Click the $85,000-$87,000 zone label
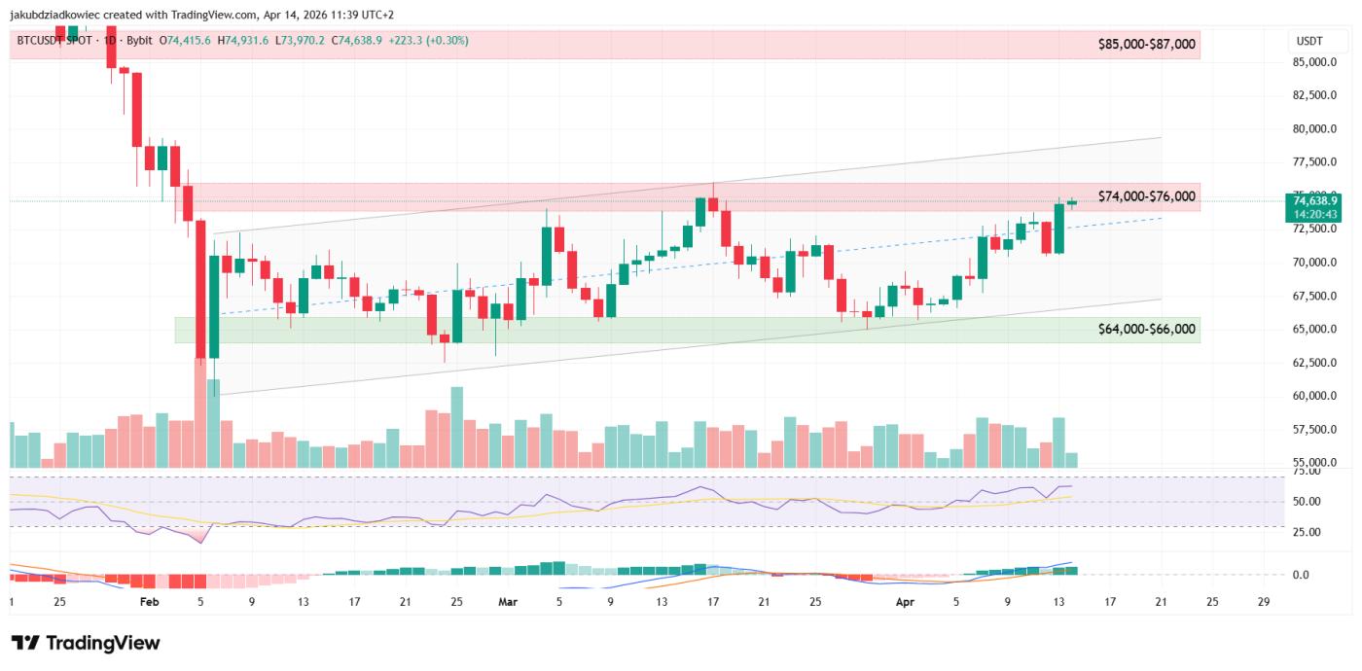coord(1146,44)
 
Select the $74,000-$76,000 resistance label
coord(1146,196)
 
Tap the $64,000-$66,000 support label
coord(1146,330)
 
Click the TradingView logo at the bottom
coord(86,643)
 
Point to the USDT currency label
coord(1309,42)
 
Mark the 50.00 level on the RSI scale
coord(1308,502)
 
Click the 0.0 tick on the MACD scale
coord(1301,575)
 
